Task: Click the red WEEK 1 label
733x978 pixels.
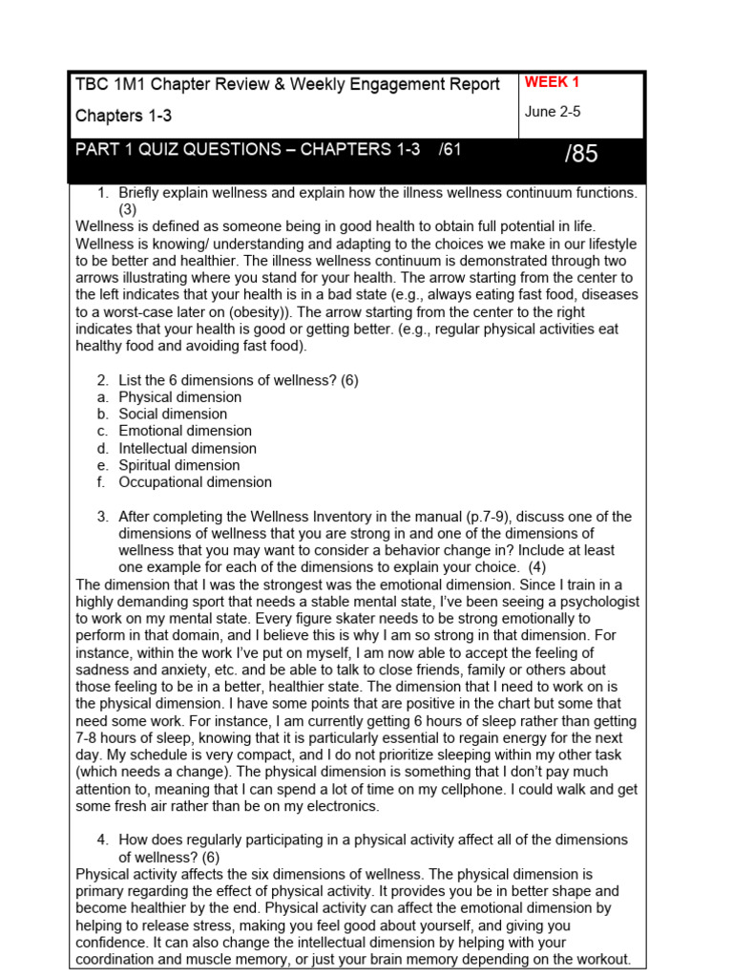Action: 552,83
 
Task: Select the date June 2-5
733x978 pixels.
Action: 552,112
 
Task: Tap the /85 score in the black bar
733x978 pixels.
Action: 580,155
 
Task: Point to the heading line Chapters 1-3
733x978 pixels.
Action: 124,116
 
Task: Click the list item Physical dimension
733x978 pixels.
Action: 179,397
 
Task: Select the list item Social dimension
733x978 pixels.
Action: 173,415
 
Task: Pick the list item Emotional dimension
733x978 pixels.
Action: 185,432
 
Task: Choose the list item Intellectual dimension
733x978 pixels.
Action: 187,449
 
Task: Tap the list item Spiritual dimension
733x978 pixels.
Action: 178,466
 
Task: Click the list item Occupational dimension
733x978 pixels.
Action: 195,483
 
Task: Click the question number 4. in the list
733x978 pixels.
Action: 104,840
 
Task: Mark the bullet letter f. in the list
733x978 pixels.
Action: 100,483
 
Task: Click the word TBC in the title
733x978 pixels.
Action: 93,85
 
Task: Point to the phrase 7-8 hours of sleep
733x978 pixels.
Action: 131,738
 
